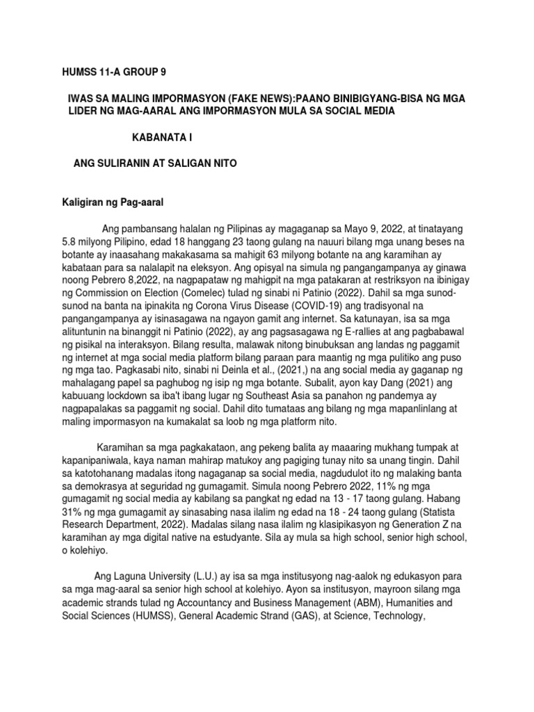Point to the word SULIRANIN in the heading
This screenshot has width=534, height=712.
pos(131,163)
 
